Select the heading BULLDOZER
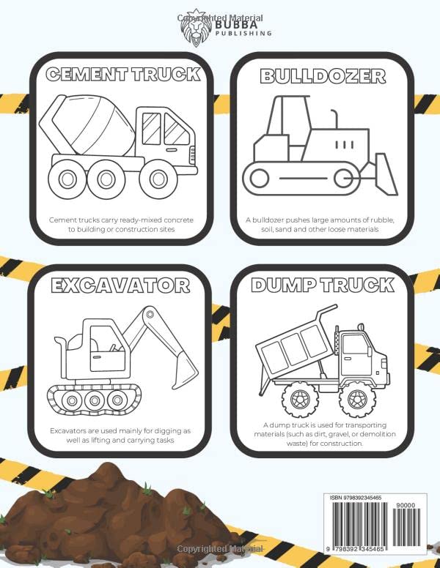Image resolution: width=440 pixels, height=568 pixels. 322,75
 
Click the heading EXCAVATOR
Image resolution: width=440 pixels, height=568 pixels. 120,285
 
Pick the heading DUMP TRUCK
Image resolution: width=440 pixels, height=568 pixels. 322,285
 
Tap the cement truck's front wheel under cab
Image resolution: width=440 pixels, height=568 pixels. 153,178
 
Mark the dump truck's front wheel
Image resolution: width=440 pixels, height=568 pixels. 357,398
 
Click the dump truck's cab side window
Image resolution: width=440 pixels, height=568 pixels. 356,345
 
